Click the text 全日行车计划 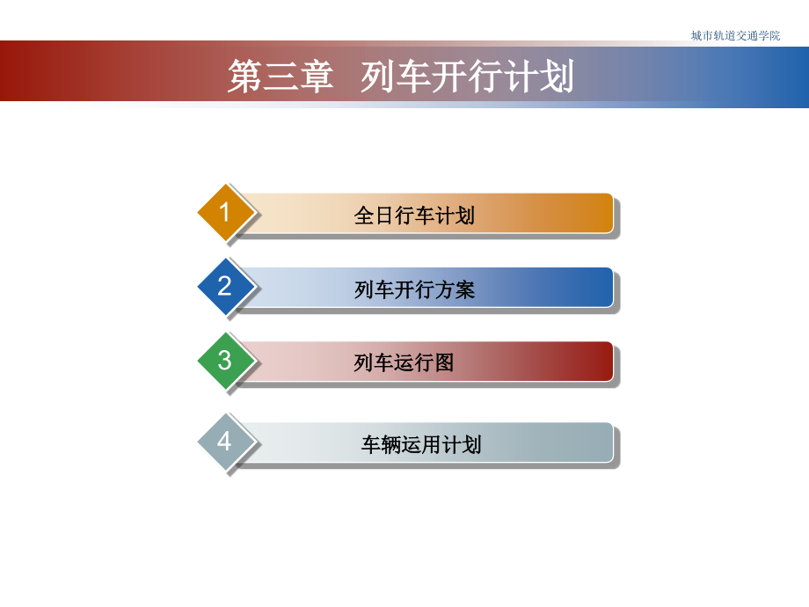(414, 216)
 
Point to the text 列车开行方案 (414, 289)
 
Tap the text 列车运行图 (404, 362)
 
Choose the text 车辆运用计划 (421, 444)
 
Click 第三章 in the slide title (281, 77)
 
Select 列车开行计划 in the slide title (467, 77)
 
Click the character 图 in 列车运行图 (444, 362)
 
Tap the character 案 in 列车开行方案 (465, 289)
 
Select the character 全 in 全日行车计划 (364, 216)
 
